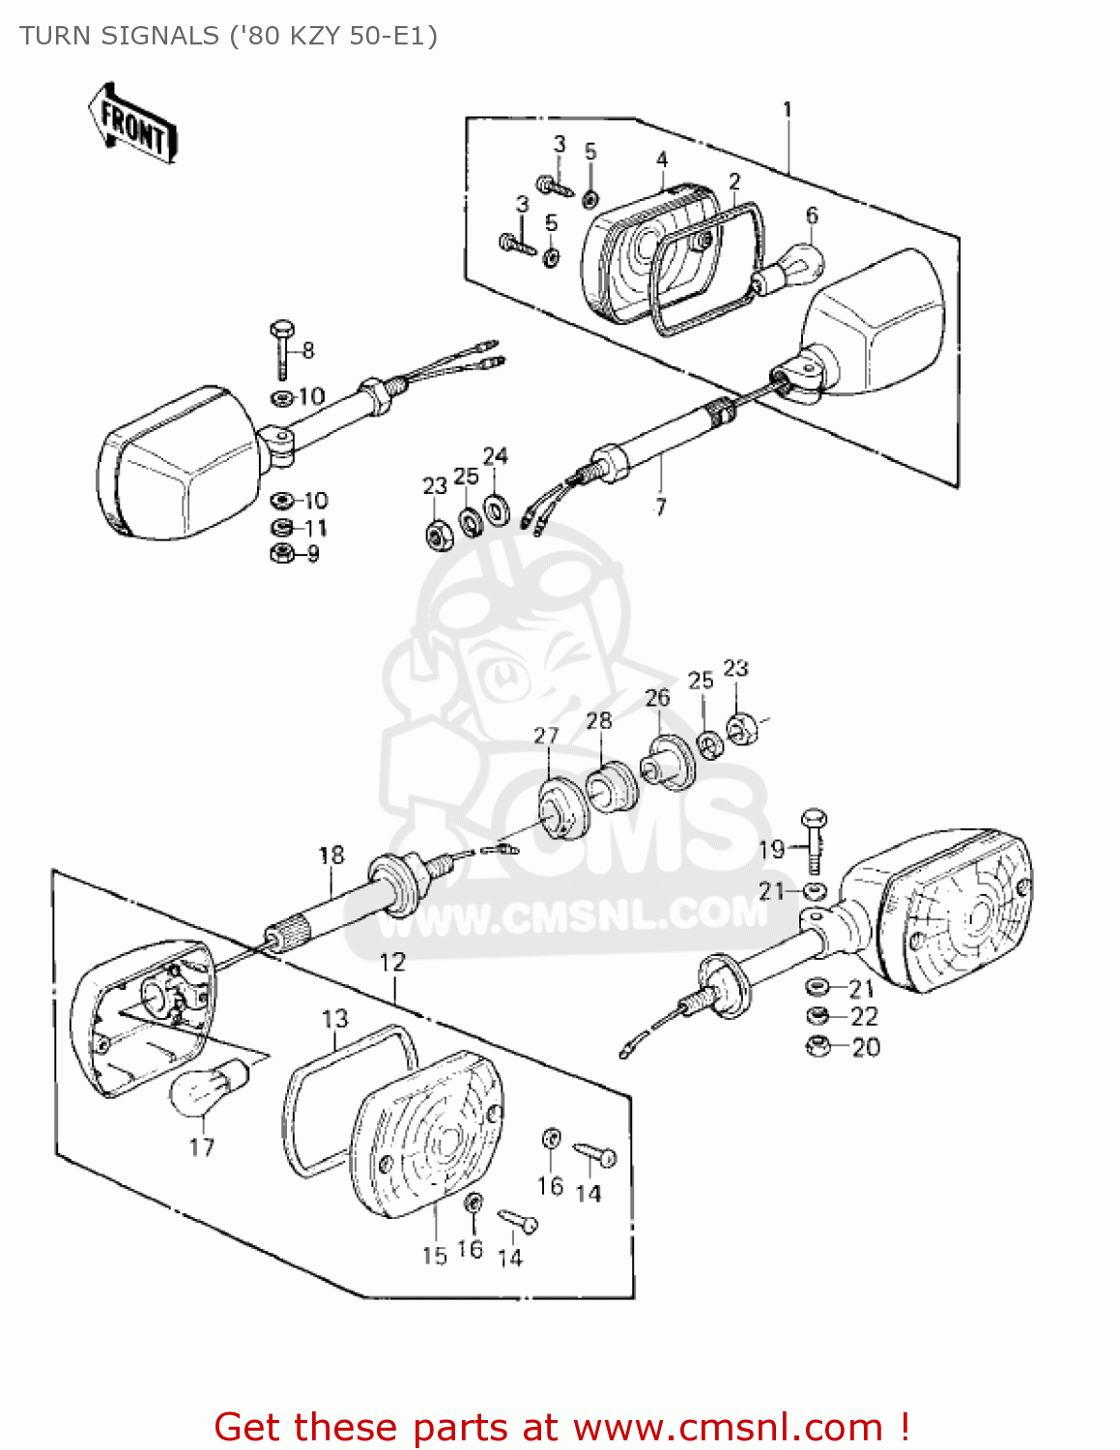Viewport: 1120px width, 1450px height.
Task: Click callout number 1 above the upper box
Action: [x=788, y=109]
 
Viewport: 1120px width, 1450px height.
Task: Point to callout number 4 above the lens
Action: [x=662, y=159]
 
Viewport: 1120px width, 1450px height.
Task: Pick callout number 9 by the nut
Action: [x=312, y=554]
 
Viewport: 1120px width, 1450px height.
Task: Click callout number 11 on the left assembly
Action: [x=316, y=528]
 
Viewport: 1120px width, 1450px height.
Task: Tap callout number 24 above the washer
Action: [x=495, y=456]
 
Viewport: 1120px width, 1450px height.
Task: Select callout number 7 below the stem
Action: [x=660, y=507]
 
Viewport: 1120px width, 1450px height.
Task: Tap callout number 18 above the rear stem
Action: [x=330, y=855]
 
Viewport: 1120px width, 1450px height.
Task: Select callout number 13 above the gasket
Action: [x=334, y=1019]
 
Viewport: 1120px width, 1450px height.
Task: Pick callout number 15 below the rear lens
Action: [x=434, y=1255]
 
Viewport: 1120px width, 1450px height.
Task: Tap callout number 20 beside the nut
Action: [x=866, y=1047]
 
